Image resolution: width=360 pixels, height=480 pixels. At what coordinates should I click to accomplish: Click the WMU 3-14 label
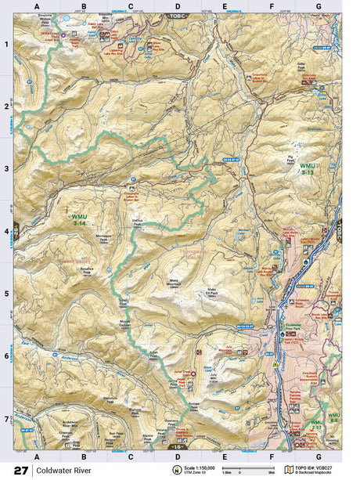click(80, 219)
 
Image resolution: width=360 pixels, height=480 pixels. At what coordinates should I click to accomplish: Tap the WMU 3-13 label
click(308, 169)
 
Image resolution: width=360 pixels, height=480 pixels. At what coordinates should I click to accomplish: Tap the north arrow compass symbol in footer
click(176, 470)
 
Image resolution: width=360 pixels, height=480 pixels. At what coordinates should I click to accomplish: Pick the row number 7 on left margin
click(7, 419)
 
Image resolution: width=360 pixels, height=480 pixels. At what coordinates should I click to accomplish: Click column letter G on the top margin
click(319, 5)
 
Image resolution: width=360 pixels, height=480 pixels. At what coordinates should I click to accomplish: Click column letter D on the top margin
click(178, 5)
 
